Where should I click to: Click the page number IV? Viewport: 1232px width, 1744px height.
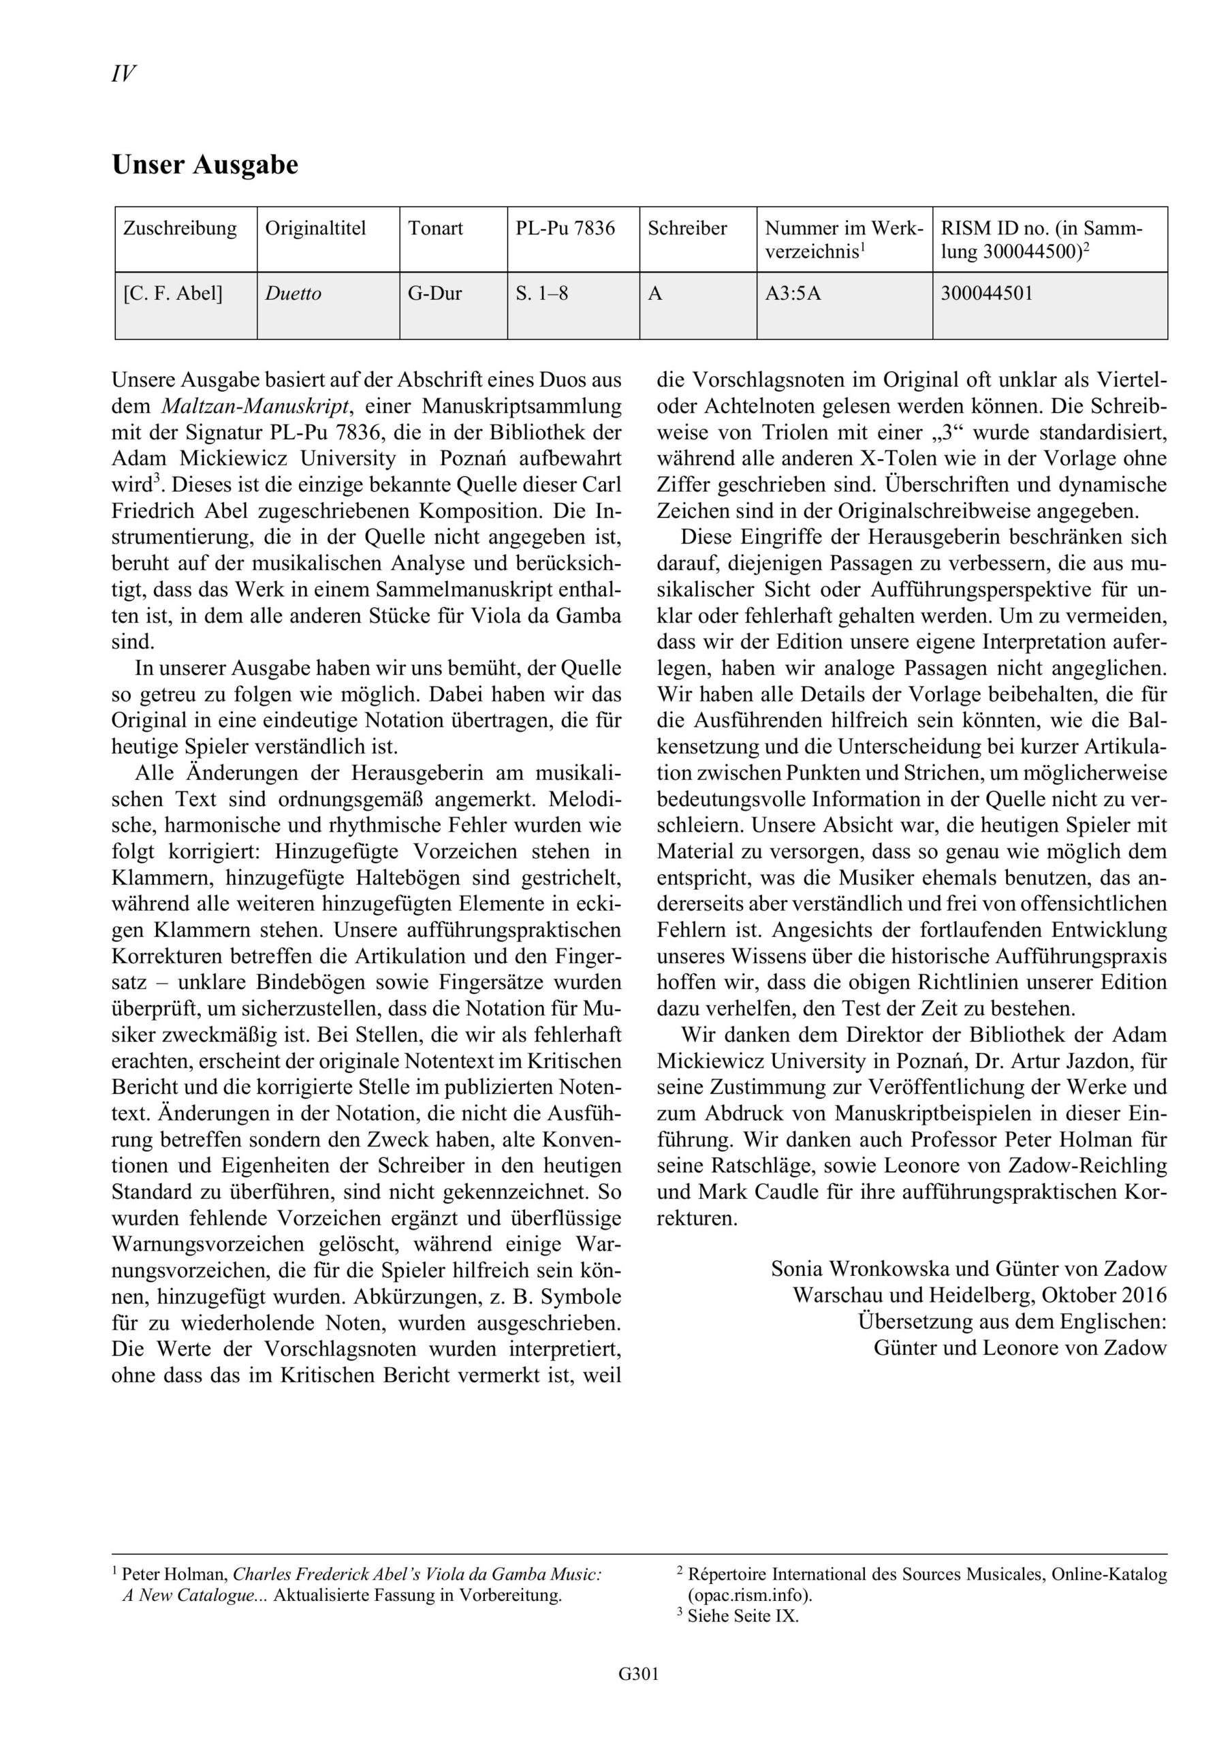click(x=123, y=74)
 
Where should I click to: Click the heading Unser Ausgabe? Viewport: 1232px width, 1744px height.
click(x=205, y=165)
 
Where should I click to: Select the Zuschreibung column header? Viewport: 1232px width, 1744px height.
click(x=180, y=229)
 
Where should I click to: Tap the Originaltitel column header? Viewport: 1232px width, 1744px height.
click(x=315, y=229)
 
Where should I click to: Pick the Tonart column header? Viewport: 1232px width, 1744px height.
click(x=435, y=229)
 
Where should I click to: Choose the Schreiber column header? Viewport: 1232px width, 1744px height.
click(x=686, y=229)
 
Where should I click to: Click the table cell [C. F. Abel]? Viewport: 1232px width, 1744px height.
click(x=172, y=294)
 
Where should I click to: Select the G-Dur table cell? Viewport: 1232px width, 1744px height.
click(x=435, y=294)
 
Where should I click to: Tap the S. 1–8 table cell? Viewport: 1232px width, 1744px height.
click(x=541, y=294)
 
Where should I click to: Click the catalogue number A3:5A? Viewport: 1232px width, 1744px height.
click(x=793, y=294)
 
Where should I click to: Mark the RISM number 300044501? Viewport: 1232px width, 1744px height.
click(x=987, y=294)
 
